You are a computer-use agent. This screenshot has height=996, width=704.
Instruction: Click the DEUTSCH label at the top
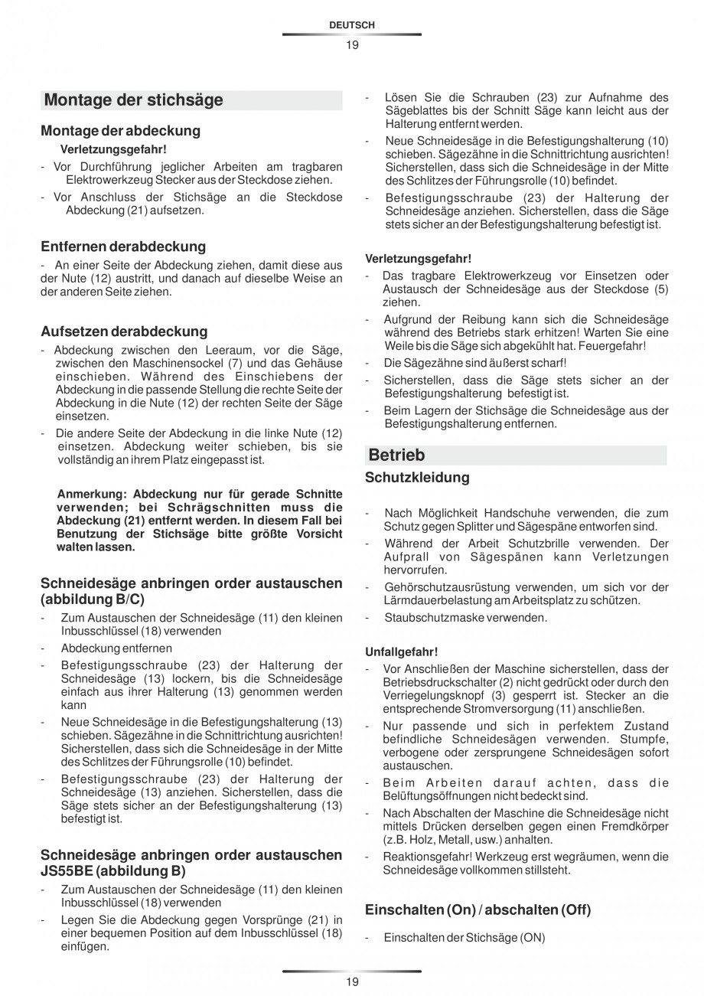351,25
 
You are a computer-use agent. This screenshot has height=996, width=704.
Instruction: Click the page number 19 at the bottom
351,981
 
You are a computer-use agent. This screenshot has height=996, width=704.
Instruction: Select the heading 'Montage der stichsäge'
134,100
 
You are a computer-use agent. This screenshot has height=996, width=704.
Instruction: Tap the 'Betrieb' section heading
396,456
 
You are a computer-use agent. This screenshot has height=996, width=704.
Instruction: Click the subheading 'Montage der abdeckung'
120,131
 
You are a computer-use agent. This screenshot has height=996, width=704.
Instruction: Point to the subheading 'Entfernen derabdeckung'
123,247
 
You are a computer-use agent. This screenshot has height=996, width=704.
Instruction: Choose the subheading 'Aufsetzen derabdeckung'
124,331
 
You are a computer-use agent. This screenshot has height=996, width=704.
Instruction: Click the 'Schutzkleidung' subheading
417,478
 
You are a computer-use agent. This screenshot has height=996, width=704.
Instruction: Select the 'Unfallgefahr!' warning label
401,651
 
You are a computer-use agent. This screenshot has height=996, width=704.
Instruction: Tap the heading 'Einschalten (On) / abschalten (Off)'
477,910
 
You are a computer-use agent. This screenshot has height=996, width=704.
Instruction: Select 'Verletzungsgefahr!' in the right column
418,258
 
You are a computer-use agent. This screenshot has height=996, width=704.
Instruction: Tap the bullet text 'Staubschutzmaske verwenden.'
465,617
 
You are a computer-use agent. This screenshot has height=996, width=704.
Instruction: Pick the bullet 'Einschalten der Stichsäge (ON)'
464,938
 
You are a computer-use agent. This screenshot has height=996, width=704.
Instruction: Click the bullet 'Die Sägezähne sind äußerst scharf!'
475,363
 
